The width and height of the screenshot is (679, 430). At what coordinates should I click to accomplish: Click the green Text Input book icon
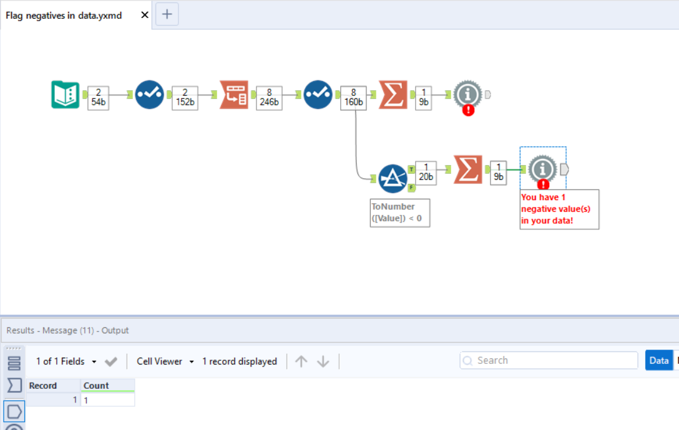click(65, 95)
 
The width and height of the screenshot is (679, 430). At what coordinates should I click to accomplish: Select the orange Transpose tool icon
click(234, 95)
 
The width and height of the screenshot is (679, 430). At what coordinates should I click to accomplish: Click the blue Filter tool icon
click(393, 178)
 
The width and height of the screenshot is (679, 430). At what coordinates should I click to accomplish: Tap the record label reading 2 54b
click(99, 98)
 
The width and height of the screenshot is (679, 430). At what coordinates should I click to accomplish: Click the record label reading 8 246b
click(269, 98)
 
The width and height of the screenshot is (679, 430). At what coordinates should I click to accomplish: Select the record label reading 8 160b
click(353, 98)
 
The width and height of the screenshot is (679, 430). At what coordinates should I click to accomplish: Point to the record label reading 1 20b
click(425, 173)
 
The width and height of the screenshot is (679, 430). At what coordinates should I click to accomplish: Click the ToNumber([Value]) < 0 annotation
click(399, 213)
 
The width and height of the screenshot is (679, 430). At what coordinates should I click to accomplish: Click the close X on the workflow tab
click(145, 15)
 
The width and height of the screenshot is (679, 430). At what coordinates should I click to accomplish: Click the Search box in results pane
click(549, 360)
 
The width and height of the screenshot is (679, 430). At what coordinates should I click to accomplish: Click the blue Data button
click(658, 360)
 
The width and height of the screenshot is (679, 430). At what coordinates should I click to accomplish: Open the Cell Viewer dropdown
click(165, 361)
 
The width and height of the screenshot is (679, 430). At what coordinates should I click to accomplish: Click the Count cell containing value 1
click(107, 400)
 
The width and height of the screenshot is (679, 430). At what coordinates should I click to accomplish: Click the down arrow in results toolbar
click(323, 361)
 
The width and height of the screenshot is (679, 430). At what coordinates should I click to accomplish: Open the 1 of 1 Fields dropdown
click(66, 361)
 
